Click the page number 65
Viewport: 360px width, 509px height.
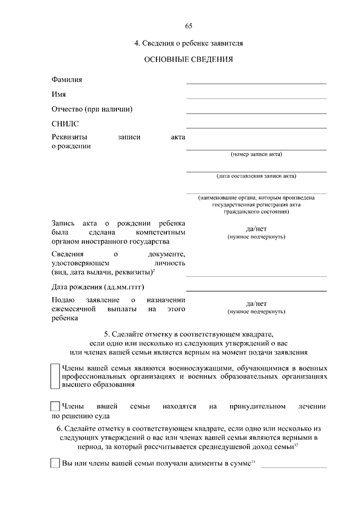[x=188, y=26]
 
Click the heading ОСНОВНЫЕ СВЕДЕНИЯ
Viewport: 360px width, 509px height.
[x=188, y=59]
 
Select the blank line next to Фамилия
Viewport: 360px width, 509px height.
[x=256, y=83]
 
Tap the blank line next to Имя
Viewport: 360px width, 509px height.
[x=256, y=98]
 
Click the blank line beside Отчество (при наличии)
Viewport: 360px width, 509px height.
[x=256, y=112]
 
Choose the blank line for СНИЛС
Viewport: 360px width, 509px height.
[x=256, y=127]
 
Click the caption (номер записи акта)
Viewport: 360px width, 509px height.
[x=256, y=154]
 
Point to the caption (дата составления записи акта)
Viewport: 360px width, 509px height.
[x=256, y=175]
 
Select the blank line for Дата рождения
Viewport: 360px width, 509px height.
[x=256, y=290]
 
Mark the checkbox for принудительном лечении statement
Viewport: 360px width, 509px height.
[x=55, y=406]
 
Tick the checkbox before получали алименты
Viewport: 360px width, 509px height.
[x=55, y=463]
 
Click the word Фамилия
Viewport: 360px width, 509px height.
[x=67, y=80]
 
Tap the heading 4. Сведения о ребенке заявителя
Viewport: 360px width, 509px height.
[x=188, y=43]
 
